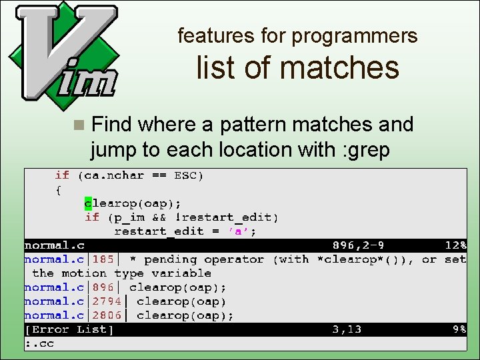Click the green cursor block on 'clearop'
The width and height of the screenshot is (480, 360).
88,203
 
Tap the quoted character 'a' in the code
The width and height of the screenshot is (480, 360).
240,231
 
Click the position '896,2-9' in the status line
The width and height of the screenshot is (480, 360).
357,245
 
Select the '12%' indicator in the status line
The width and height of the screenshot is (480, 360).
456,245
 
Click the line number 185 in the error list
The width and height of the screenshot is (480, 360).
103,259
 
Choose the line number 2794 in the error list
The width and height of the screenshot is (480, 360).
107,301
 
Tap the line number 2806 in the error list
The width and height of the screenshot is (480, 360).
107,315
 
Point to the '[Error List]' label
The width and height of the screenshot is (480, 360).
69,329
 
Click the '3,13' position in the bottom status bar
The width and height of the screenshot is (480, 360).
347,329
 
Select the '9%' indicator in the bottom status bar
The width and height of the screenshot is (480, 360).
459,329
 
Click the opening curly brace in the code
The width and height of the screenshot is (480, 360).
59,189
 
